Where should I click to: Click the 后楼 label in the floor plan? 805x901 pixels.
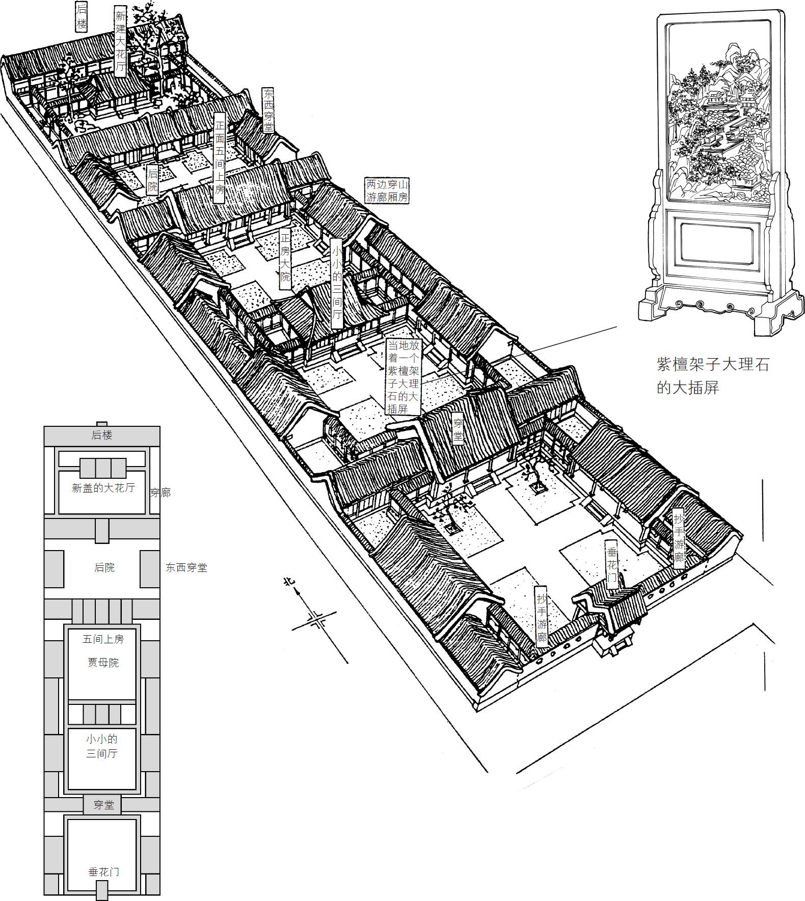[x=102, y=435]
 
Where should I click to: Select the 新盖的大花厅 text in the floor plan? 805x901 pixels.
[x=103, y=488]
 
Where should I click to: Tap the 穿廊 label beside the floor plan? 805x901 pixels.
[x=160, y=493]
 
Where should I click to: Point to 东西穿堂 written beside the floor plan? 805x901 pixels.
[x=186, y=567]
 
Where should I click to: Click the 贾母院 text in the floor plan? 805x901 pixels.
[x=103, y=663]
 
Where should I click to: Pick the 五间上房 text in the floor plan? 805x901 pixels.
[x=103, y=639]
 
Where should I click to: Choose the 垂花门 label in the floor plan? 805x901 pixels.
[x=103, y=871]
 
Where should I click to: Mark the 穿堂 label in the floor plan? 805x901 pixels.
[x=103, y=805]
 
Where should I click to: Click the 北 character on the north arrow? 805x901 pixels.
[x=289, y=583]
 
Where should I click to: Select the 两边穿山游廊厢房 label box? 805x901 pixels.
[x=387, y=190]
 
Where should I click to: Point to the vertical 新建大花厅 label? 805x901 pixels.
[x=120, y=42]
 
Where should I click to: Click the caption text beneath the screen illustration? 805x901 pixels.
[x=712, y=375]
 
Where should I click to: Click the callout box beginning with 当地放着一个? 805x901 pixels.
[x=403, y=376]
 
